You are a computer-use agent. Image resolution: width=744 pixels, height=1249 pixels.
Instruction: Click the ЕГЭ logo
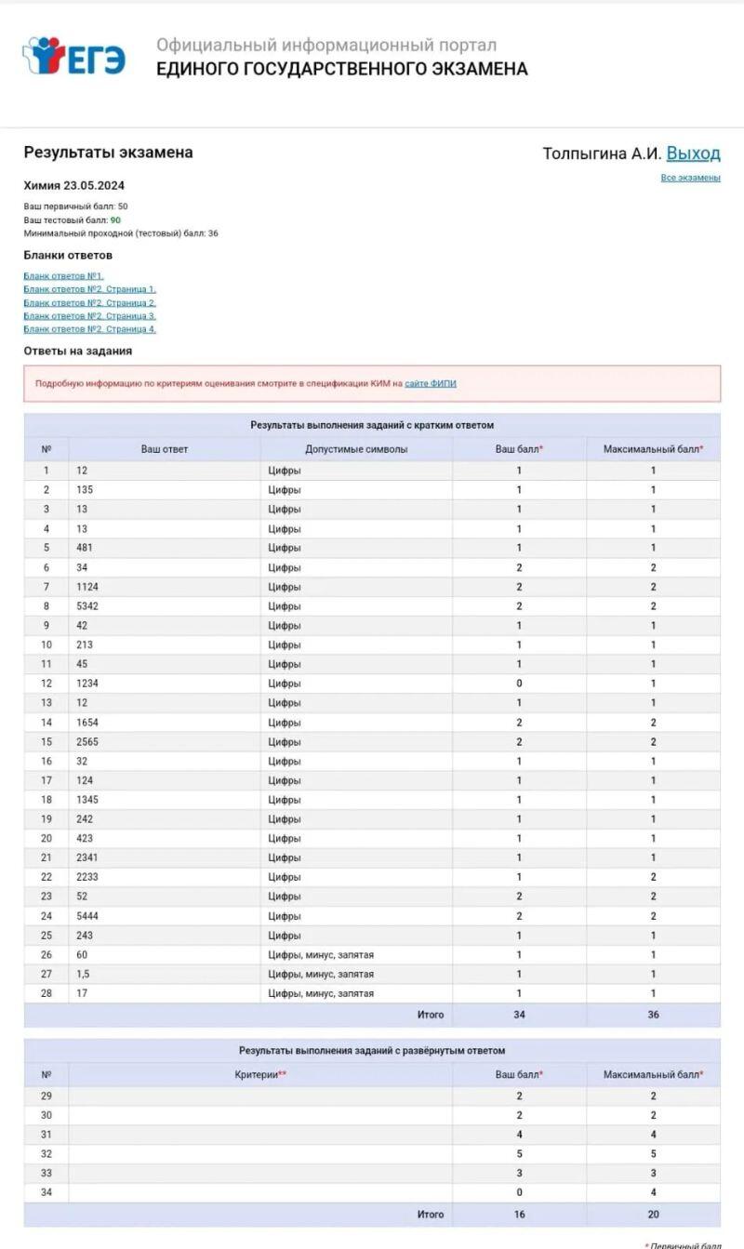tap(74, 57)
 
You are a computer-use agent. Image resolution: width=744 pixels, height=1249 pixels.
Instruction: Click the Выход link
tap(693, 153)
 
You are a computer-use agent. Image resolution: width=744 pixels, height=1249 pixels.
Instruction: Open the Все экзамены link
tap(690, 178)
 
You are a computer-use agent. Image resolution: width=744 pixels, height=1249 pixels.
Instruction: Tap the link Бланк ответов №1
tap(63, 276)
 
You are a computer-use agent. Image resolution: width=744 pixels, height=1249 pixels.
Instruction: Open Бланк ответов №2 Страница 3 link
tap(89, 316)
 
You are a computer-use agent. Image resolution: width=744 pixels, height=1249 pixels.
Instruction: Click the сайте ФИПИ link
tap(431, 383)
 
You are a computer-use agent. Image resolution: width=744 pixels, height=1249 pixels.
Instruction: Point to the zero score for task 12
tap(519, 684)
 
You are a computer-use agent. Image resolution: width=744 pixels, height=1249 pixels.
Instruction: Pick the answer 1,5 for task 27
tap(83, 974)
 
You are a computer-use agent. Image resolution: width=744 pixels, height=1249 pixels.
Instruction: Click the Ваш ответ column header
tap(165, 449)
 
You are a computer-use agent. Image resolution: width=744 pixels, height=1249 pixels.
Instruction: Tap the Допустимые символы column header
tap(356, 449)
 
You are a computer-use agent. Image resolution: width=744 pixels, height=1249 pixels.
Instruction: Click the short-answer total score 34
tap(519, 1015)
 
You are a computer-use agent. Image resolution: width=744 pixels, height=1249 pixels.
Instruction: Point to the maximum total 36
tap(653, 1015)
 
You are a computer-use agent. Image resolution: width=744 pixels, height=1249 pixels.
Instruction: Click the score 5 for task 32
tap(519, 1153)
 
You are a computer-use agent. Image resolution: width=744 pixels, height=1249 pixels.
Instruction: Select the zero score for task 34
tap(519, 1192)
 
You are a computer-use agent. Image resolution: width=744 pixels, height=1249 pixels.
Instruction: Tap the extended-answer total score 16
tap(519, 1215)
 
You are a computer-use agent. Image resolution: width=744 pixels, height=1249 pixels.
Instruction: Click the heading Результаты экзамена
tap(108, 153)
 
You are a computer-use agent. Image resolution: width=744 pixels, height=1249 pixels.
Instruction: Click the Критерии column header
tap(260, 1075)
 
